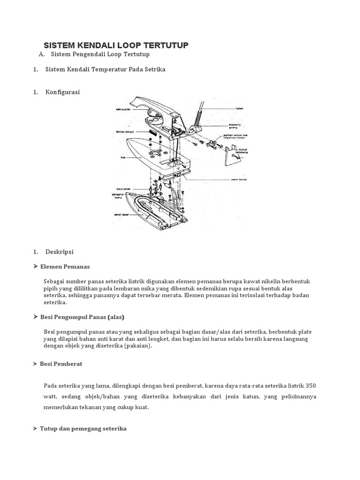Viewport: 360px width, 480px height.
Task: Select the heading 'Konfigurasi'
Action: (62, 92)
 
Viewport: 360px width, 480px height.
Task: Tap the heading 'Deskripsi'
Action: (60, 252)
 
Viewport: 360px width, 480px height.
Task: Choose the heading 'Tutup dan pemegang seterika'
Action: (83, 428)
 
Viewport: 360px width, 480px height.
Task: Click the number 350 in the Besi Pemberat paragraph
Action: (310, 386)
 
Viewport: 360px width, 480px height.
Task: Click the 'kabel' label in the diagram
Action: (239, 108)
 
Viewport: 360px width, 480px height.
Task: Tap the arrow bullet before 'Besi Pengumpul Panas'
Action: (36, 317)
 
